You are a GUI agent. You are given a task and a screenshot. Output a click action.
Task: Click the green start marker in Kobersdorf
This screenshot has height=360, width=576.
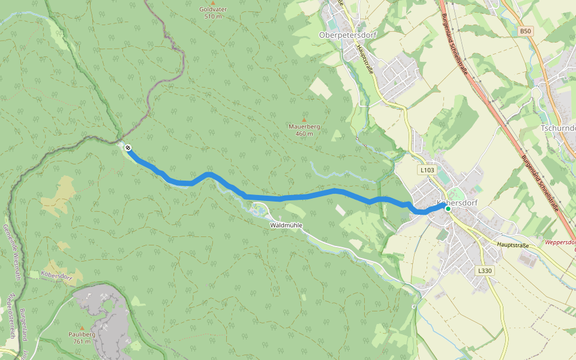[448, 209]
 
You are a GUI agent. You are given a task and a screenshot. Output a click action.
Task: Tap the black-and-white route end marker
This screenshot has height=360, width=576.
[128, 147]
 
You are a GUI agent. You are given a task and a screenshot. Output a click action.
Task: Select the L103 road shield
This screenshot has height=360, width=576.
[427, 170]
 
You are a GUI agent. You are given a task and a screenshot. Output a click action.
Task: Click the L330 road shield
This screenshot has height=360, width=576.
[485, 271]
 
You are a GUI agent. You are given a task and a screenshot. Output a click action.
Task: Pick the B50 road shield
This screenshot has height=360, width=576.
[526, 31]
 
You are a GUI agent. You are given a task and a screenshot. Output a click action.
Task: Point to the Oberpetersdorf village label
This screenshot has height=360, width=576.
[347, 35]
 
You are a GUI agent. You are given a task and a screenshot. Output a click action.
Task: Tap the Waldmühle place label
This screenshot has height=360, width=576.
[286, 225]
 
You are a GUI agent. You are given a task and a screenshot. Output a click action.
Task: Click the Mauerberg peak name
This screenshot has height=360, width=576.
[304, 127]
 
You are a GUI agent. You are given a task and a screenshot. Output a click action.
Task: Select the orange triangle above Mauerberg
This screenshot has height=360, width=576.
[304, 119]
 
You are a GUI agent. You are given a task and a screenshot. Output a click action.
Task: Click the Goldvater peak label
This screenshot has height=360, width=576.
[213, 9]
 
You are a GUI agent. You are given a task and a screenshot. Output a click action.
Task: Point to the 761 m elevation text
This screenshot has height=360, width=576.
[82, 341]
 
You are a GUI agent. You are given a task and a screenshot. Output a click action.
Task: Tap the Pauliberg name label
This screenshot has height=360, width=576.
[82, 334]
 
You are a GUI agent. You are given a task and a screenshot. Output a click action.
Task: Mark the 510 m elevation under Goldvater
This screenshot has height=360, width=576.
[213, 16]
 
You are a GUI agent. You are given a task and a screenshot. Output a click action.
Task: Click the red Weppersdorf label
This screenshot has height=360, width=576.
[560, 242]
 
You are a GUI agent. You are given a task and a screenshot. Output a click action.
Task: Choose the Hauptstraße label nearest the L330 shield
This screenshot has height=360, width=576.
[512, 245]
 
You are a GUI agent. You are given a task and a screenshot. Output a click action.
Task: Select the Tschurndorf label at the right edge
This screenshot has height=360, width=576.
[558, 128]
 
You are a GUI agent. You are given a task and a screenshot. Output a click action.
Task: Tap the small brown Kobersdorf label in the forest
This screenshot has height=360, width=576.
[57, 275]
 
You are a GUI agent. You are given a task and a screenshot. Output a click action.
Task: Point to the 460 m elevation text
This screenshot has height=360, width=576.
[304, 134]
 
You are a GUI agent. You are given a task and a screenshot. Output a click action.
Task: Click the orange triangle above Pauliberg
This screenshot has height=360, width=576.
[82, 327]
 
